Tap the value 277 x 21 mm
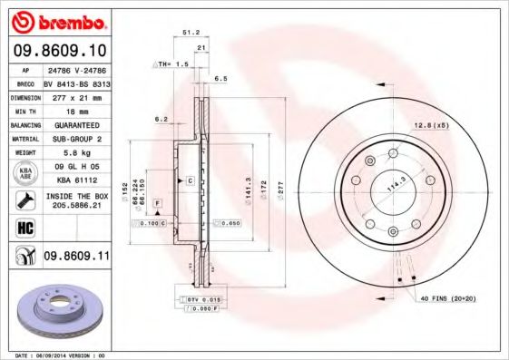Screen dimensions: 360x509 coord(74,97)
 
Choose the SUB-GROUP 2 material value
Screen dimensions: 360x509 coord(74,139)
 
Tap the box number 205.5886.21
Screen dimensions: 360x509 coord(74,207)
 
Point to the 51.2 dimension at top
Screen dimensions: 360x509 coord(191,32)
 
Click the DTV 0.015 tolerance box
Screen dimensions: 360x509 coord(203,298)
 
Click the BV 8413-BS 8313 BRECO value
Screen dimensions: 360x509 coord(74,82)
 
